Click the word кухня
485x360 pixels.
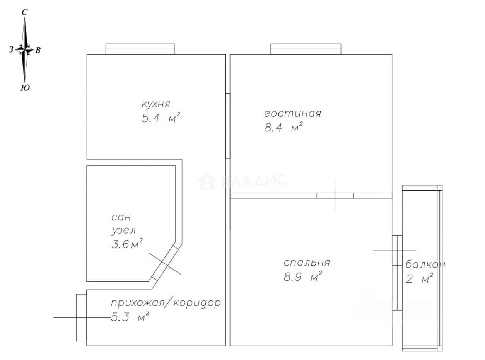156,104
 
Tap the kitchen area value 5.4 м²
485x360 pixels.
161,118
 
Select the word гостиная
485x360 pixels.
292,114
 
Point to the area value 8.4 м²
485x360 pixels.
283,128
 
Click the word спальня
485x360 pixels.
307,263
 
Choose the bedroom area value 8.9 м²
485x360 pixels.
303,276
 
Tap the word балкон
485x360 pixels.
425,264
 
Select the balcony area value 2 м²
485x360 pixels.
419,278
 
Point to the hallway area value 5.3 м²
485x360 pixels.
130,317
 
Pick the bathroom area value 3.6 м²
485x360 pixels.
127,244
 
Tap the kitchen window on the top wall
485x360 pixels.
140,49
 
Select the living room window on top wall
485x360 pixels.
306,49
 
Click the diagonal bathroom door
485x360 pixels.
165,263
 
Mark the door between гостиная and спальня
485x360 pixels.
335,195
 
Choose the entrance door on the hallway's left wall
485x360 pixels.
81,318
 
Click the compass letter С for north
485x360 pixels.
24,12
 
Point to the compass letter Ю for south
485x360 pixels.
25,88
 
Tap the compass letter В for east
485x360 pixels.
38,50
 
